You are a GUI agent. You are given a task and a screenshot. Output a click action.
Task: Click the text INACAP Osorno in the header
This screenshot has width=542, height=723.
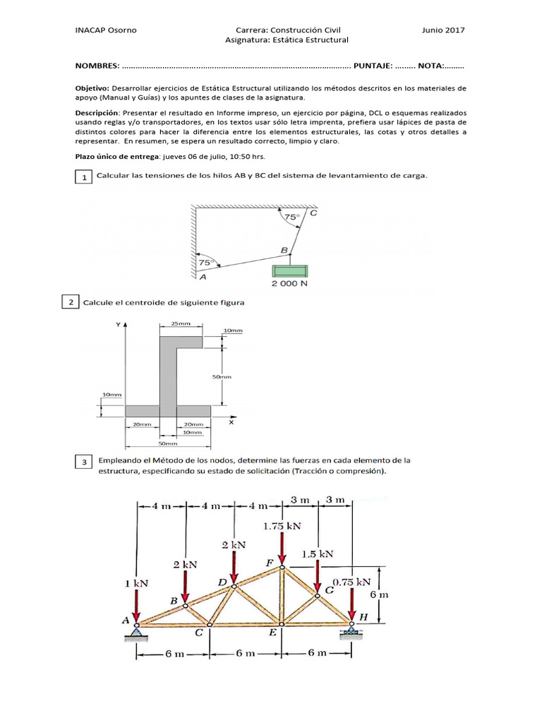[106, 30]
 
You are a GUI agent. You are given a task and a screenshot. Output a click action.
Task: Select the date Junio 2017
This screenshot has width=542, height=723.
[443, 30]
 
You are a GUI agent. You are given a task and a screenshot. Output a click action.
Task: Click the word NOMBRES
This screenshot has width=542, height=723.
[97, 66]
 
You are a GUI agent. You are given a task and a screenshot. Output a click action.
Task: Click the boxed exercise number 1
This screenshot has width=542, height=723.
[83, 177]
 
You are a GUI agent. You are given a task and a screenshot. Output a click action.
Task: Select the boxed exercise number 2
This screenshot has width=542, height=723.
[71, 303]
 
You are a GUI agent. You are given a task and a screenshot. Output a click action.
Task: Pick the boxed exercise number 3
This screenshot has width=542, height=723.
[83, 462]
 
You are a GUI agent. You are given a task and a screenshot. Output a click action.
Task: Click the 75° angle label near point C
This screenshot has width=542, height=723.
[291, 218]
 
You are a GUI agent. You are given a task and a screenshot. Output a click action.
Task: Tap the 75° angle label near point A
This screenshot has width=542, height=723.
[205, 262]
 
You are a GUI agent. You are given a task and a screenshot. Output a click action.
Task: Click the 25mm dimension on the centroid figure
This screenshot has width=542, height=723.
[180, 324]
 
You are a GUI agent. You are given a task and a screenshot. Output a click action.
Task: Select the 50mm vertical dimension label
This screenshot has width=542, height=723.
[222, 377]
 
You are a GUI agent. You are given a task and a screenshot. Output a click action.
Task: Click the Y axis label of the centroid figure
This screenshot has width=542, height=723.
[116, 325]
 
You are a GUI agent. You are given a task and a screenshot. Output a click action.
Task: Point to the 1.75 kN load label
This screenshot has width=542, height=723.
[282, 526]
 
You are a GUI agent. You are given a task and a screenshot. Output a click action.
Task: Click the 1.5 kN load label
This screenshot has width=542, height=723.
[319, 554]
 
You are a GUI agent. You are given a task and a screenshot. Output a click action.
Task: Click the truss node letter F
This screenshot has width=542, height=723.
[270, 563]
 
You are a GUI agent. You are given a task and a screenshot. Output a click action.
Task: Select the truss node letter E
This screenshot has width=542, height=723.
[272, 633]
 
